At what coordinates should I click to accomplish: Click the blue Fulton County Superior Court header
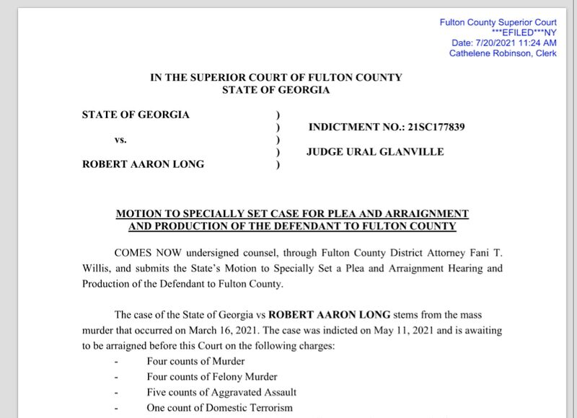click(x=498, y=22)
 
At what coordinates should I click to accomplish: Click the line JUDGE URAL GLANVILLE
click(x=375, y=152)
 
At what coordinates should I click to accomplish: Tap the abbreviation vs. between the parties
click(x=120, y=140)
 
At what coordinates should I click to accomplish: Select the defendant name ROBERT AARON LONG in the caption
click(x=144, y=164)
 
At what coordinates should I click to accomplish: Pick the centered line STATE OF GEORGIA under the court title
click(x=276, y=90)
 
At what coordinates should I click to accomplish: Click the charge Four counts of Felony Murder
click(x=212, y=376)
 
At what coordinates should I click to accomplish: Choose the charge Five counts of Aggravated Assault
click(x=221, y=392)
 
